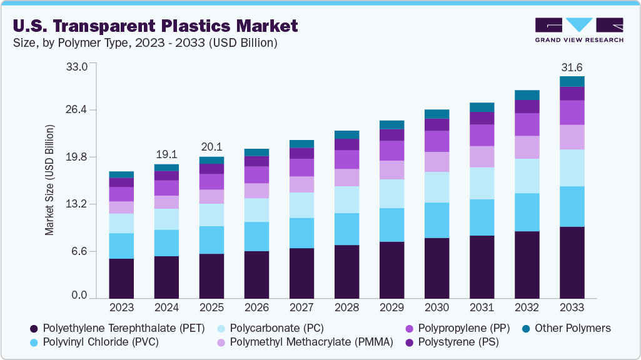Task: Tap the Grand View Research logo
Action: (578, 29)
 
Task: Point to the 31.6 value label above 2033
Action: (572, 67)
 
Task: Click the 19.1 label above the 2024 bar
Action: (166, 154)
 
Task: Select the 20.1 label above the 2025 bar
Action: (211, 147)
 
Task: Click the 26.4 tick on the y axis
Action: (78, 111)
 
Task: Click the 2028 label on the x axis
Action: (346, 307)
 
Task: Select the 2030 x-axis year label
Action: (437, 307)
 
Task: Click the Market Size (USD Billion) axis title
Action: (49, 180)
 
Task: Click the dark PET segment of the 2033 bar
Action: (572, 262)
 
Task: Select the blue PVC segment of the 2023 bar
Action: (121, 246)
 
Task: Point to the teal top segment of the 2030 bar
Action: (437, 114)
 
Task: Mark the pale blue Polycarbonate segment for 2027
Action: (301, 205)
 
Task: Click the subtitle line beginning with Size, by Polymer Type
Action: (145, 43)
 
